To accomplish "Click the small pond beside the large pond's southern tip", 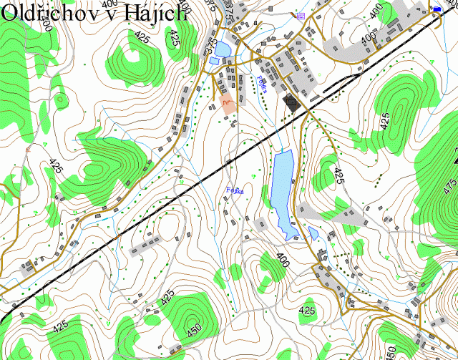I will (x=313, y=234).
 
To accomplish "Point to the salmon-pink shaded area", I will (x=225, y=106).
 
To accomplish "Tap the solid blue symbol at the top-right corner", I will (x=437, y=8).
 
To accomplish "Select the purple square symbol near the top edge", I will (x=300, y=15).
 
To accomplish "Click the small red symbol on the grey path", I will (x=28, y=149).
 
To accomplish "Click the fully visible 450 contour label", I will (x=194, y=331).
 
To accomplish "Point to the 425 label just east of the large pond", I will (x=338, y=175).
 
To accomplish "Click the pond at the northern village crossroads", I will (x=222, y=49).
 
